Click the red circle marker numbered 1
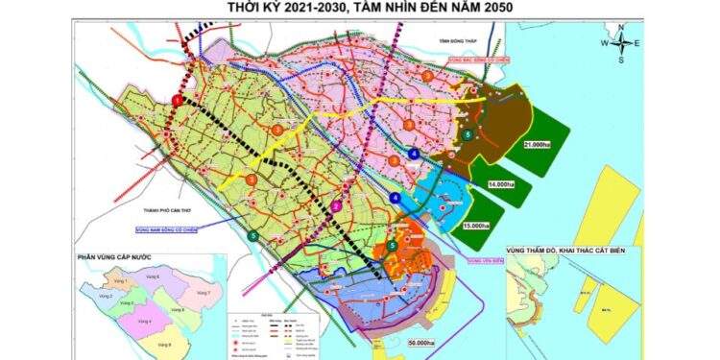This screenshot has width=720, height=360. click(177, 100)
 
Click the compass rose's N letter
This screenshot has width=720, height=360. click(622, 28)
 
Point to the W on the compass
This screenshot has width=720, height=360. click(605, 43)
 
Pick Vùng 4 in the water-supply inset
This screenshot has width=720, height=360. click(144, 322)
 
